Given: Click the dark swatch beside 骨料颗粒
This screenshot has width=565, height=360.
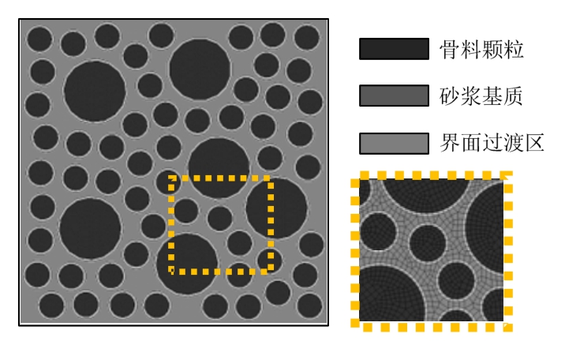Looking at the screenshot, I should click(x=394, y=49).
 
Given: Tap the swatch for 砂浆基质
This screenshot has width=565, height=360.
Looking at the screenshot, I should click(x=394, y=96).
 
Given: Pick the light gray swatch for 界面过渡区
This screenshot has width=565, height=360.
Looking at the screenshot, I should click(x=394, y=143).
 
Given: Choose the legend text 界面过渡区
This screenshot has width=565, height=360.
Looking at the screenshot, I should click(x=492, y=143).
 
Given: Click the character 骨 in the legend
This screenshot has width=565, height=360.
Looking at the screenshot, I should click(x=450, y=50).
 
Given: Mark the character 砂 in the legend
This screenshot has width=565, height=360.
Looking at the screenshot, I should click(x=450, y=96).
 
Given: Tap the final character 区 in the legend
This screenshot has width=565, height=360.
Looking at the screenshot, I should click(x=534, y=143).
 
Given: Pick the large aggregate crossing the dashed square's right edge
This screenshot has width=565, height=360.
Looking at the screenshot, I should click(x=276, y=208).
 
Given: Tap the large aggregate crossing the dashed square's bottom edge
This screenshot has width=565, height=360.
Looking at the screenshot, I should click(x=187, y=263).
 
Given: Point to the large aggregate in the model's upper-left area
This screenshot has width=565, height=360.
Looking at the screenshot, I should click(x=95, y=92).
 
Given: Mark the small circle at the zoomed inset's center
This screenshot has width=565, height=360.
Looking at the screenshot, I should click(x=428, y=243).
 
